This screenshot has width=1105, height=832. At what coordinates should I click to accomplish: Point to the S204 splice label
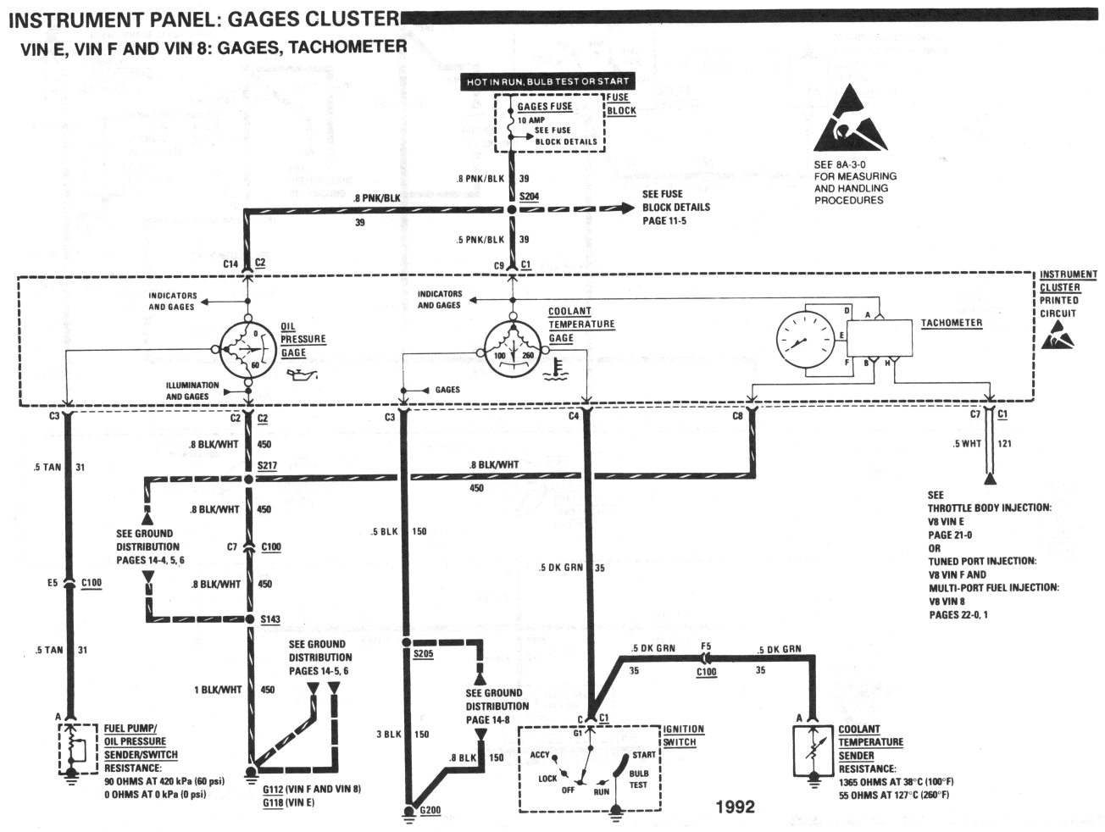pyautogui.click(x=529, y=197)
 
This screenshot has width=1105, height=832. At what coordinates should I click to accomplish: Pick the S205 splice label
pyautogui.click(x=423, y=654)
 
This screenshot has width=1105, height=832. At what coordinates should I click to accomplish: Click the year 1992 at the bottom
pyautogui.click(x=734, y=806)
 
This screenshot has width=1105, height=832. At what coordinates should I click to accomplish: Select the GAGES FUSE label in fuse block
pyautogui.click(x=545, y=107)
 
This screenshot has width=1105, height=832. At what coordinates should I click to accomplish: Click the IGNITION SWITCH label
pyautogui.click(x=683, y=735)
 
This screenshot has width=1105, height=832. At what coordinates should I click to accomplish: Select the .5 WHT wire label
pyautogui.click(x=968, y=443)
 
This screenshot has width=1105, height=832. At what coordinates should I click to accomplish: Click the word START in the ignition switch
pyautogui.click(x=643, y=754)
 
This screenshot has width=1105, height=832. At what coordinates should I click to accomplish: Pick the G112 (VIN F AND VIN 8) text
pyautogui.click(x=311, y=789)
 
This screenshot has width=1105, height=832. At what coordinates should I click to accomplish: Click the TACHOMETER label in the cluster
pyautogui.click(x=951, y=323)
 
